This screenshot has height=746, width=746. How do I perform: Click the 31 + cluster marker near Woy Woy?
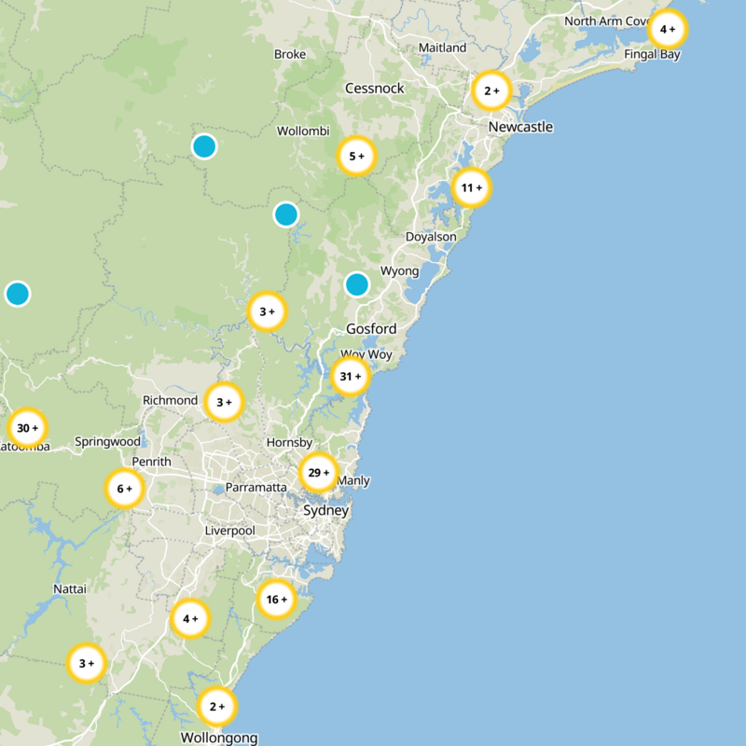click(x=351, y=377)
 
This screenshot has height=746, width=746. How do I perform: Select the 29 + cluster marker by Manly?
click(x=318, y=474)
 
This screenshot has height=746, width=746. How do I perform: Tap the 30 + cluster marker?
click(x=27, y=428)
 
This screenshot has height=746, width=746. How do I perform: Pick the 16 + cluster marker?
click(x=276, y=599)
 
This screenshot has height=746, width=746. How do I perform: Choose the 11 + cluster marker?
click(x=471, y=188)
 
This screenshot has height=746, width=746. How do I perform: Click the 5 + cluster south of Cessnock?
click(x=355, y=157)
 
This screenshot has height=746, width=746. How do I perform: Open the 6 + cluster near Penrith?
click(x=124, y=488)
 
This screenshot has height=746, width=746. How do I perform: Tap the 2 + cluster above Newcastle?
click(x=491, y=91)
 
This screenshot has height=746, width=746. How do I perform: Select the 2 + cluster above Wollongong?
click(x=217, y=707)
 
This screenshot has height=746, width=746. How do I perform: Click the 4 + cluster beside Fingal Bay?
click(x=668, y=30)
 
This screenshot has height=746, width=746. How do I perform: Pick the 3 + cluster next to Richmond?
click(x=224, y=403)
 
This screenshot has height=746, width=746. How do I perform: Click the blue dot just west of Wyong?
click(x=357, y=284)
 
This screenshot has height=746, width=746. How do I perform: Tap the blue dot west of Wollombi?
click(x=204, y=146)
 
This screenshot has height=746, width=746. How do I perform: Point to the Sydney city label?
click(x=326, y=511)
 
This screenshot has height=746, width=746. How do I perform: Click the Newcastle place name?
click(x=520, y=127)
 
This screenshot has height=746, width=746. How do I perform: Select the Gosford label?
click(x=371, y=328)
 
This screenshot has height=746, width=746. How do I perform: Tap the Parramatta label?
click(x=256, y=487)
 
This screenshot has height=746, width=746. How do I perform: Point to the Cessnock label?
click(x=375, y=89)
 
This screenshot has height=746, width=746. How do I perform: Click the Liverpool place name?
click(x=230, y=531)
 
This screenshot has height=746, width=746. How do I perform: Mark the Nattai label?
click(x=70, y=589)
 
